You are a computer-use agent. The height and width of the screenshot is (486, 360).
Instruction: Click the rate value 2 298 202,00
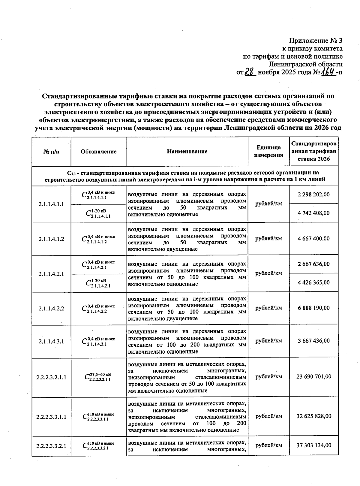click(x=313, y=195)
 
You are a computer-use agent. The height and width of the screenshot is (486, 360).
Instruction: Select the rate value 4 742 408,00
click(x=313, y=213)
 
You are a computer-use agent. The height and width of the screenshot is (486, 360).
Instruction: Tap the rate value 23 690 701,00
click(x=313, y=377)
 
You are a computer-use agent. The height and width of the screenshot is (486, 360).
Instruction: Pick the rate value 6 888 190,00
click(x=313, y=308)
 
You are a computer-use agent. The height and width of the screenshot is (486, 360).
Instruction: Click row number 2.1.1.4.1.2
click(x=51, y=239)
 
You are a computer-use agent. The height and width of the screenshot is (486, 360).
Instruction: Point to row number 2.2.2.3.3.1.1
click(x=51, y=417)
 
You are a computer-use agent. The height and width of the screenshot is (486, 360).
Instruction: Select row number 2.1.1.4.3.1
click(x=51, y=341)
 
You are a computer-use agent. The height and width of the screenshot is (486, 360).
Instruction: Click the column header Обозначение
click(x=98, y=152)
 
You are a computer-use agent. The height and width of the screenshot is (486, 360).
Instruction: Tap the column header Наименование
click(x=187, y=152)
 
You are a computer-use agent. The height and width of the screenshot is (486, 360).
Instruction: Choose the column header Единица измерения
click(x=268, y=151)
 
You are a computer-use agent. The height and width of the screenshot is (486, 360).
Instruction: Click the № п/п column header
click(x=51, y=152)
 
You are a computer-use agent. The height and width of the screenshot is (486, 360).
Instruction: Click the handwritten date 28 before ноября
click(x=250, y=72)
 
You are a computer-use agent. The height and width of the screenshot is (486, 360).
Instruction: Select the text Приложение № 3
click(x=316, y=41)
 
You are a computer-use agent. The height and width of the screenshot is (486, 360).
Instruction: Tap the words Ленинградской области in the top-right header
click(x=305, y=64)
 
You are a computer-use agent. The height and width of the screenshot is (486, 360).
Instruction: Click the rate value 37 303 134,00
click(x=313, y=445)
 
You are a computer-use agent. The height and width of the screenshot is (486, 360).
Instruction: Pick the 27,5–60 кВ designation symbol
click(x=98, y=377)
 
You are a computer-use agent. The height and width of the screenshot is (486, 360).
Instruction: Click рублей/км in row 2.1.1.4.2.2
click(x=268, y=308)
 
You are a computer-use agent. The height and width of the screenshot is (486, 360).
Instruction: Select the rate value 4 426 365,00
click(x=313, y=282)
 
